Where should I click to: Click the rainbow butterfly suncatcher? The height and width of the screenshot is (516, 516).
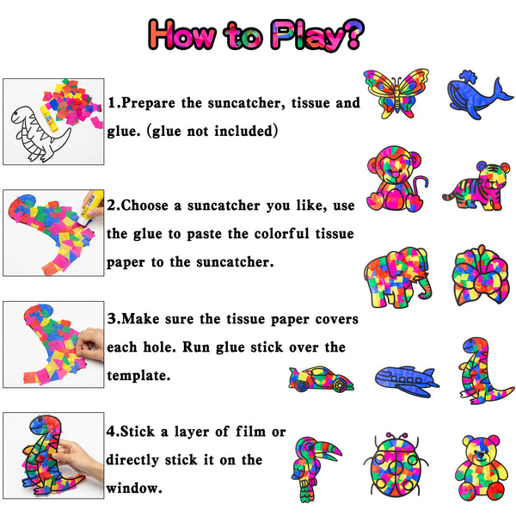pos(396,93)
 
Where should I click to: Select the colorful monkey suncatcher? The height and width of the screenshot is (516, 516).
pos(396,180)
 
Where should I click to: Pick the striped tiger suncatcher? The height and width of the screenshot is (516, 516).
pos(476,187)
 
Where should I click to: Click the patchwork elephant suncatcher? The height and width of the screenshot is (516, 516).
pos(397,278)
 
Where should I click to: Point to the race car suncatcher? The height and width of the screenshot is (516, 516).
pos(321,378)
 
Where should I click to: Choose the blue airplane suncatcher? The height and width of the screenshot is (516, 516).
pos(407,381)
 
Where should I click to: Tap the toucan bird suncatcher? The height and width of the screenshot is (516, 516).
pos(313,469)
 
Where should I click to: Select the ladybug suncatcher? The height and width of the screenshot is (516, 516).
pos(396,465)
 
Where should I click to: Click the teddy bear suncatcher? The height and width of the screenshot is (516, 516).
pos(481,467)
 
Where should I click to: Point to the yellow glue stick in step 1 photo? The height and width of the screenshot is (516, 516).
pos(49,118)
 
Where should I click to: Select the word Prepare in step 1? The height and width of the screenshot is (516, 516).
pos(148,103)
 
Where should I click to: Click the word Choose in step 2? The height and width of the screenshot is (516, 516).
pos(144,206)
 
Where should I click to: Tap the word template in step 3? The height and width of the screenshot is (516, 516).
pos(138,376)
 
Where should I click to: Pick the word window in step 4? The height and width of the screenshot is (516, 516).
pos(134,488)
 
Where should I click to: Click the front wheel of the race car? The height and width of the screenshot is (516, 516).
pos(340,384)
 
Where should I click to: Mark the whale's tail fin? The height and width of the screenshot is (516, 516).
pos(502,90)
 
